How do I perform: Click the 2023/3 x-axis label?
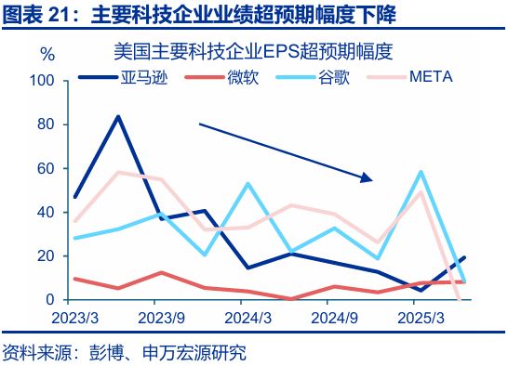[x=75, y=318]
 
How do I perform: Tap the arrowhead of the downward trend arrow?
[x=368, y=177]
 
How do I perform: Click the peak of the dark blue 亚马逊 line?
[x=118, y=117]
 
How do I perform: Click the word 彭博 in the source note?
[x=106, y=353]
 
